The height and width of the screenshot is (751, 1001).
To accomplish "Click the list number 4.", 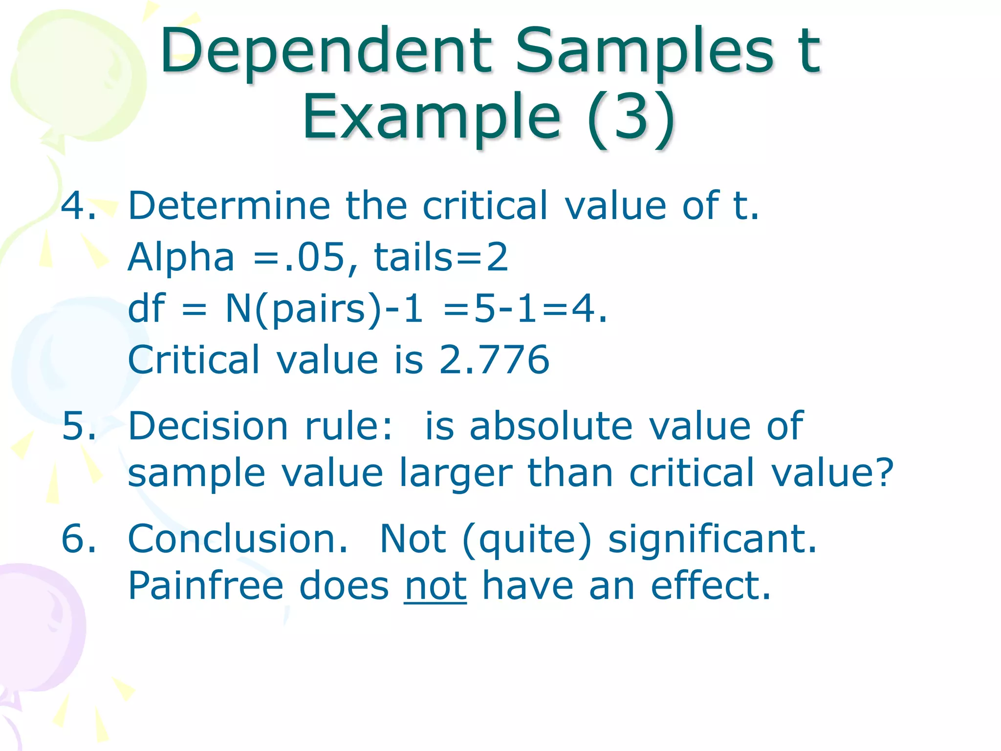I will [x=78, y=206].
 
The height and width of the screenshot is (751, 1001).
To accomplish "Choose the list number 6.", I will [x=78, y=539].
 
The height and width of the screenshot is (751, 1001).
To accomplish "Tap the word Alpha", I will [x=181, y=257].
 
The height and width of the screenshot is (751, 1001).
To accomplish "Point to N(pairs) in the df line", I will [x=303, y=309].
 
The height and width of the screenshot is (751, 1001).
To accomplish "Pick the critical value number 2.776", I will [x=494, y=360].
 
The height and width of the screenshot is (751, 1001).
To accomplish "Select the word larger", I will [x=456, y=473].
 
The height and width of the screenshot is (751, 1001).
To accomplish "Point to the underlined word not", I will [x=435, y=586].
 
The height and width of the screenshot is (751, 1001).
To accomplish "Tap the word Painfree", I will [x=206, y=586].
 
